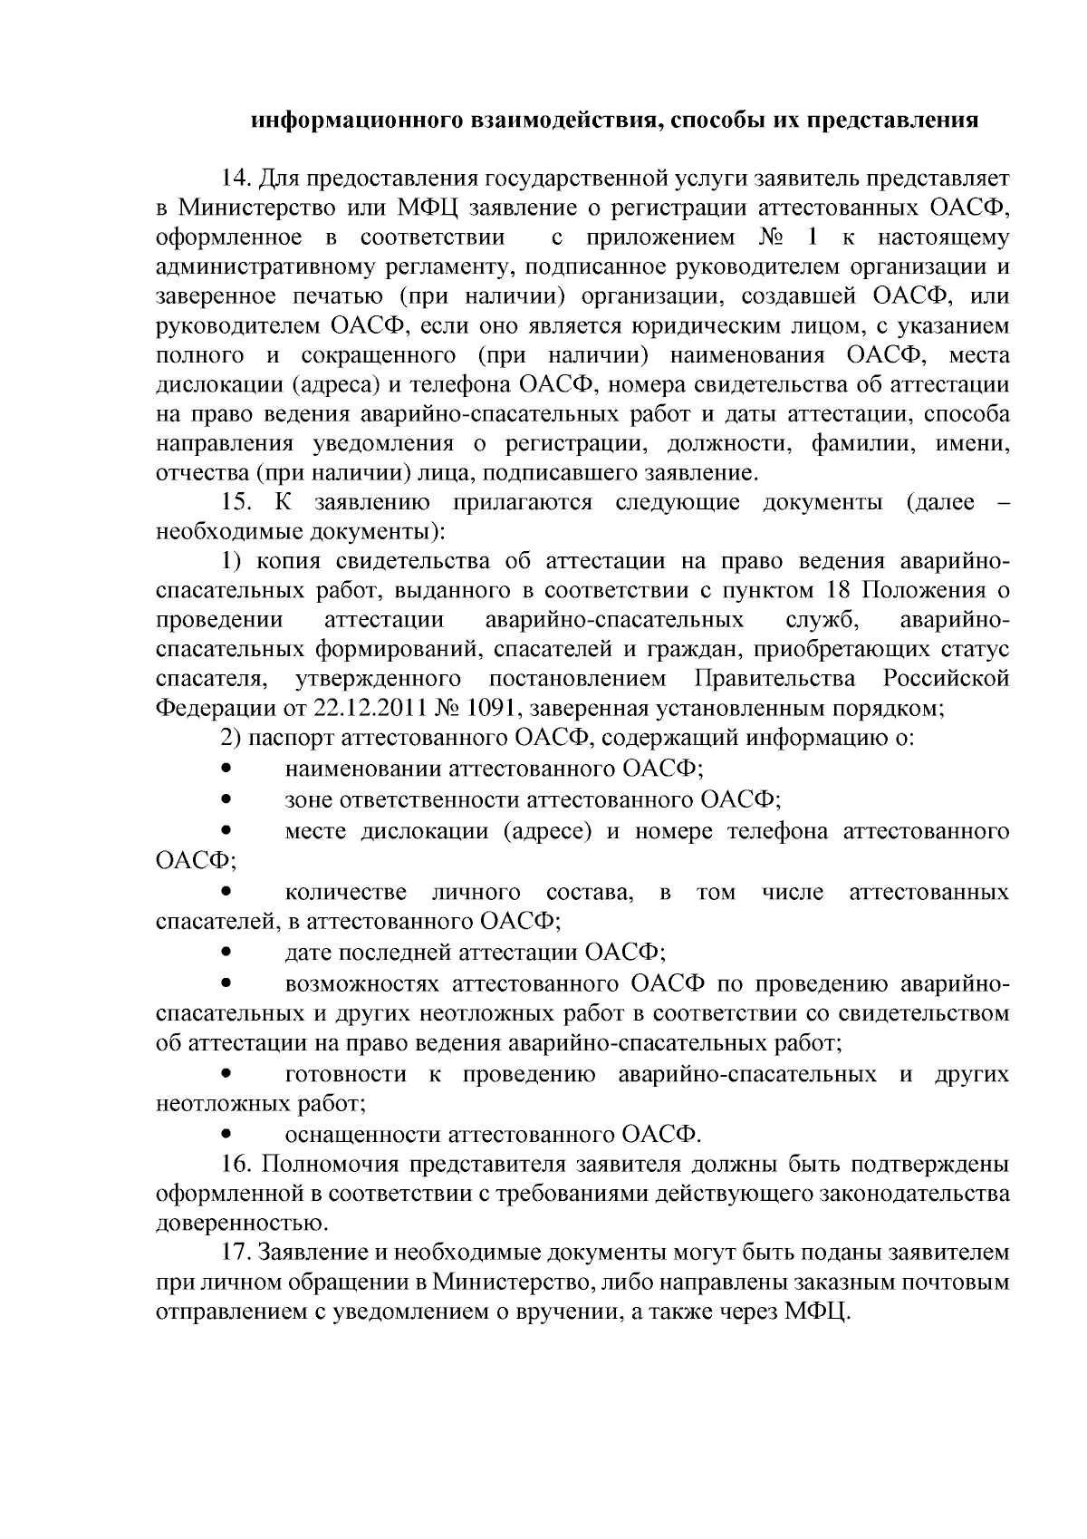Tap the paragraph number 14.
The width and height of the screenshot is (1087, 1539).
pyautogui.click(x=236, y=177)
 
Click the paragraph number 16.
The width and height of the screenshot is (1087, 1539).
pyautogui.click(x=236, y=1163)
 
